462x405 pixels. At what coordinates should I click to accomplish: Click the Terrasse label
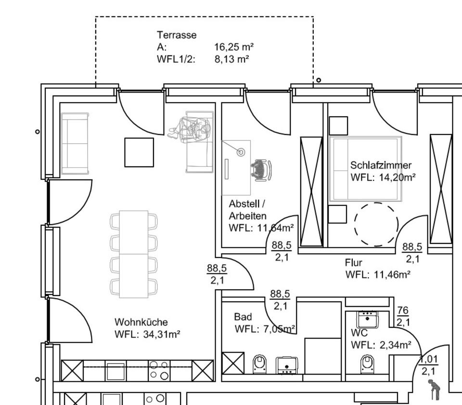177,35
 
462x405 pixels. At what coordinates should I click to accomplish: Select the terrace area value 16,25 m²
234,47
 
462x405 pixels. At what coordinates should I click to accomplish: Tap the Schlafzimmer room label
381,165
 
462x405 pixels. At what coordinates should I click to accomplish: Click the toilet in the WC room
367,364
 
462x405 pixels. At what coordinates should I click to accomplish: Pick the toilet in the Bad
259,364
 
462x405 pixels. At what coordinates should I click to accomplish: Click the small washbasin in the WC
367,319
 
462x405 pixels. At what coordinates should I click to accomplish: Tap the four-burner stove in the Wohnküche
159,370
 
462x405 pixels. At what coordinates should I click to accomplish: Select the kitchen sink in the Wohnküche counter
115,371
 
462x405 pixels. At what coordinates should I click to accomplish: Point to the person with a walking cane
434,388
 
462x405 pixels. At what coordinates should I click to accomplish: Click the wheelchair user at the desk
261,170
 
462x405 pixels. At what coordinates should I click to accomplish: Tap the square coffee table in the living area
139,152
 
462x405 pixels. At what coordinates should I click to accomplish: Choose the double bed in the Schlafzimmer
366,169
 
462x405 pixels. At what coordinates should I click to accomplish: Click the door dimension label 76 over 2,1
403,316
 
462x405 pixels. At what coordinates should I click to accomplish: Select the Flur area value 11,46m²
392,274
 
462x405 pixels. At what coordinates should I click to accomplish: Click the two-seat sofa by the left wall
75,143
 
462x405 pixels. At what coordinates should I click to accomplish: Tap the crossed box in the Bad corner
233,363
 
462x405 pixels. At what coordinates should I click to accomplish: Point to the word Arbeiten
247,216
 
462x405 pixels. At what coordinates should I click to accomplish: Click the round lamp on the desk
241,152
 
